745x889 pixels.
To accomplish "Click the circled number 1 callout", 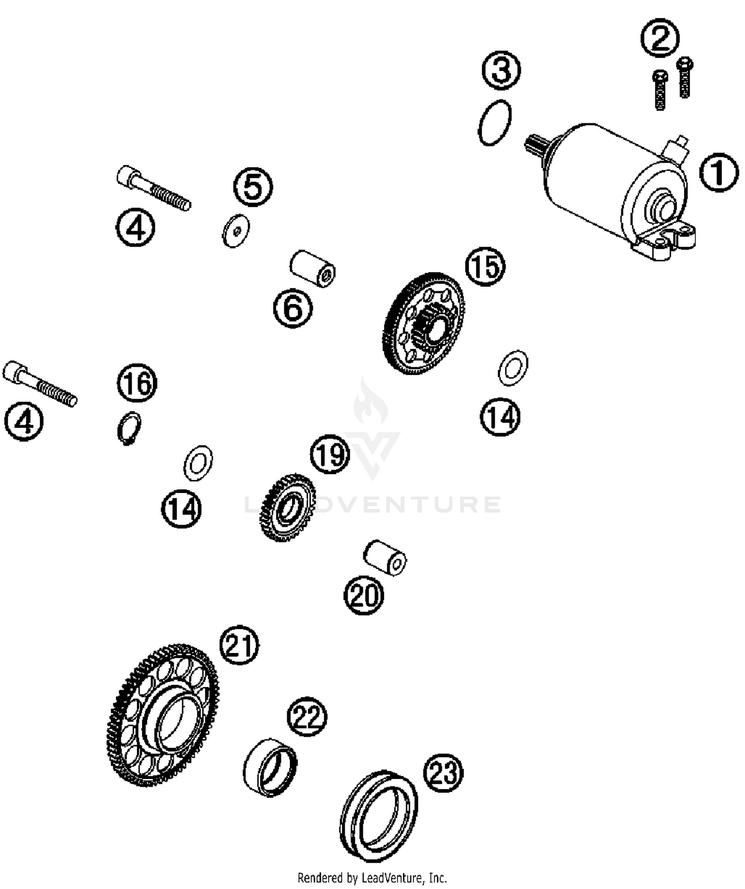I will (719, 173).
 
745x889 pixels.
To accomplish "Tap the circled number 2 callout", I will (660, 38).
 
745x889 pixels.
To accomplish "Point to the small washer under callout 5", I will (235, 230).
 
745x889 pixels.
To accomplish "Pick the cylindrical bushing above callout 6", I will (312, 268).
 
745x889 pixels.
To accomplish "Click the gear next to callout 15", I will (424, 323).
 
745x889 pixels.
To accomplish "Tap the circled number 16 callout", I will (137, 383).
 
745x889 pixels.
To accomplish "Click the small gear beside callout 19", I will (288, 508).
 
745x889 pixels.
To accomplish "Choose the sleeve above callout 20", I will (385, 558).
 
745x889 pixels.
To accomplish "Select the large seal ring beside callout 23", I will (378, 816).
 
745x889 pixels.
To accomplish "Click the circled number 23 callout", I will (443, 772).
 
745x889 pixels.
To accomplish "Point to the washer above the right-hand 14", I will (513, 368).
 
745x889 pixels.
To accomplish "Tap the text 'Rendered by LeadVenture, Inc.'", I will (372, 878).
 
